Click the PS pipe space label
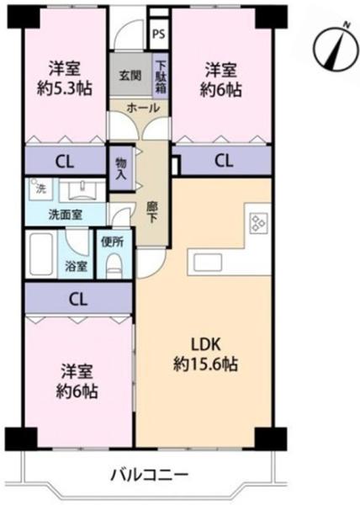point(158,34)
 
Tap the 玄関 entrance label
point(130,76)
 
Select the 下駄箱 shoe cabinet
point(161,76)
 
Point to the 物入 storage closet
point(121,168)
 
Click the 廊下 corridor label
point(152,212)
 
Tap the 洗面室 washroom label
point(66,215)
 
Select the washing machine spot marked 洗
point(39,189)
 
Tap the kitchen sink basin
point(208,263)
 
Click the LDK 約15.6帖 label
point(205,355)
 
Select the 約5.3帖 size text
point(64,88)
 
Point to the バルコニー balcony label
point(149,475)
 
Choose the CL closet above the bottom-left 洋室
point(78,299)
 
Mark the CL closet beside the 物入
point(66,162)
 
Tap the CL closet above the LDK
point(225,161)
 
